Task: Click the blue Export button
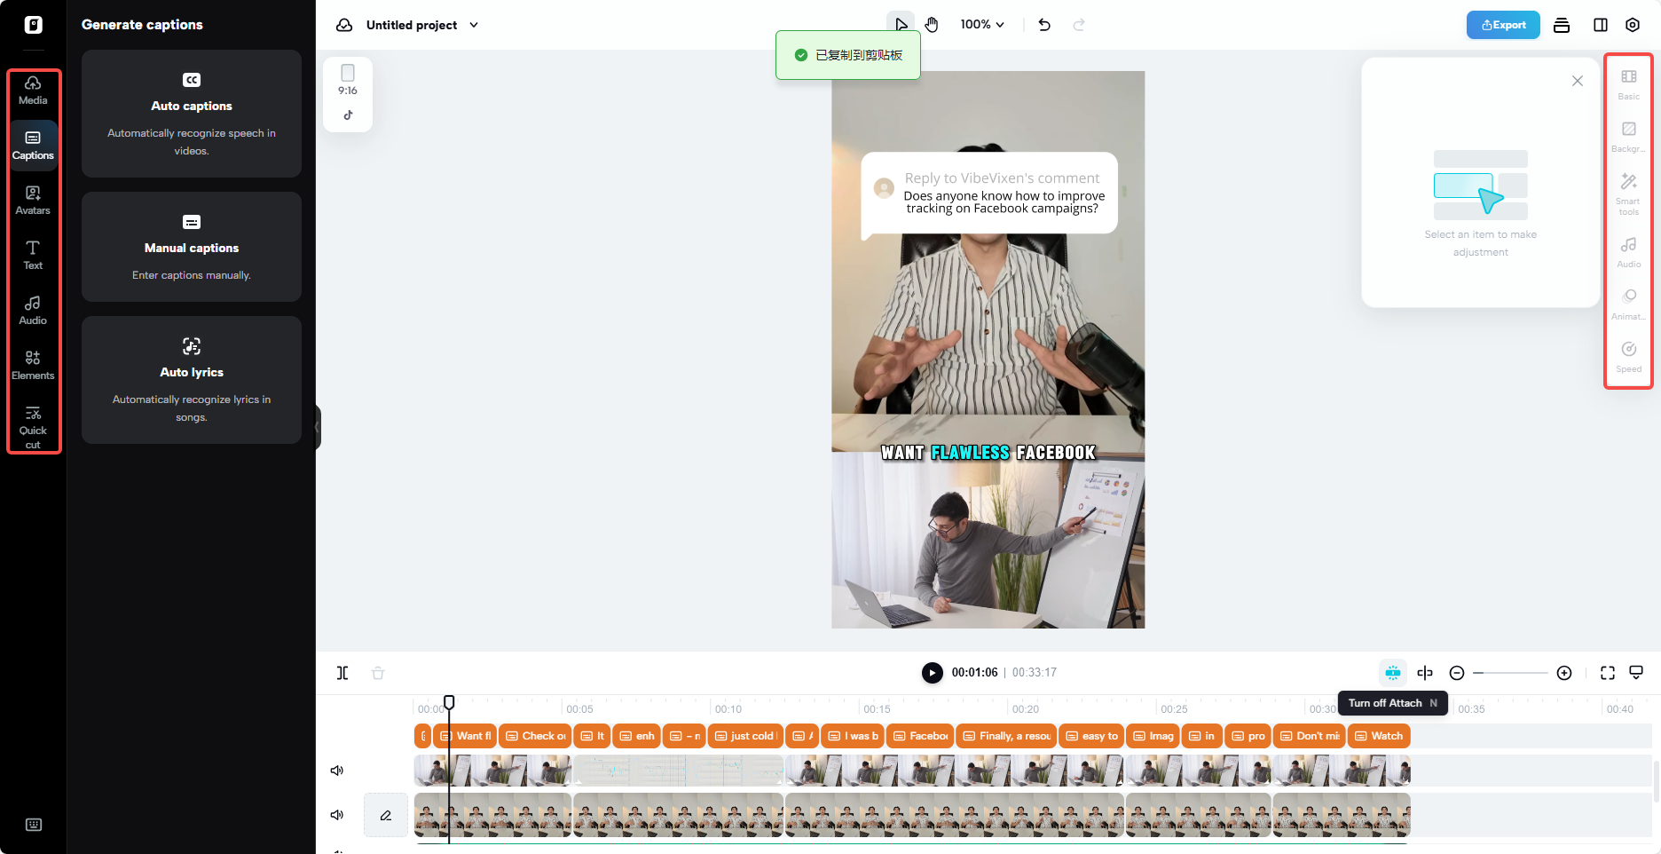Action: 1503,25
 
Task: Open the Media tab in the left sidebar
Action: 33,90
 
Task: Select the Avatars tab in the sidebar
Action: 33,200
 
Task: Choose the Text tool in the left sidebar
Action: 33,255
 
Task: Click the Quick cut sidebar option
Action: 33,426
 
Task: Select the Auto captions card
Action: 192,114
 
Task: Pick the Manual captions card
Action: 192,247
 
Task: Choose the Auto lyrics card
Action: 192,380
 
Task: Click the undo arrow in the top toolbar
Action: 1044,25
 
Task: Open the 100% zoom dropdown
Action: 982,25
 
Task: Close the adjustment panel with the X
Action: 1577,81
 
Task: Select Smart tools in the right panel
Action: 1628,192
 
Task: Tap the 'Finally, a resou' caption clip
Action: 1006,736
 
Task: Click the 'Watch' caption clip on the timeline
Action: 1379,736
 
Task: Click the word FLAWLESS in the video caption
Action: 970,453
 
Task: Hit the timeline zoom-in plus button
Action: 1564,673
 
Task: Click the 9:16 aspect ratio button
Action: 348,81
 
